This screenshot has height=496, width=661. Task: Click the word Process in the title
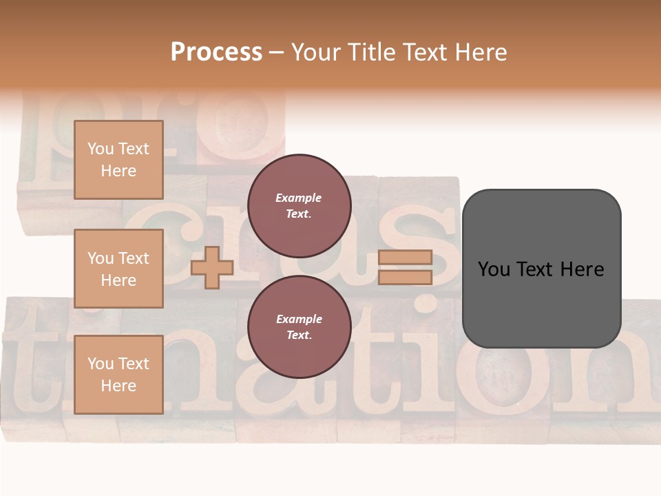click(216, 52)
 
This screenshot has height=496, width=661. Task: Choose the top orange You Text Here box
click(118, 160)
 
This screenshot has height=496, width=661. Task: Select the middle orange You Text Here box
click(118, 269)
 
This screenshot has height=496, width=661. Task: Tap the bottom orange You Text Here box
click(118, 374)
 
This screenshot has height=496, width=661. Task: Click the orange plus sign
click(212, 267)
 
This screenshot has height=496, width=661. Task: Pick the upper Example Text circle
click(299, 206)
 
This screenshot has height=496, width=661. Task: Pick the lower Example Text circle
click(299, 327)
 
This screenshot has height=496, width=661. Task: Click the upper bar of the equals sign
click(405, 257)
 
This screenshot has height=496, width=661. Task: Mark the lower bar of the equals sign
click(405, 278)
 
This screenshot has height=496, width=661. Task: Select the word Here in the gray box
click(583, 269)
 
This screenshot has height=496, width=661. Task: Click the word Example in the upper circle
click(299, 198)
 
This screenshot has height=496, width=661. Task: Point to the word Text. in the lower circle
click(299, 335)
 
